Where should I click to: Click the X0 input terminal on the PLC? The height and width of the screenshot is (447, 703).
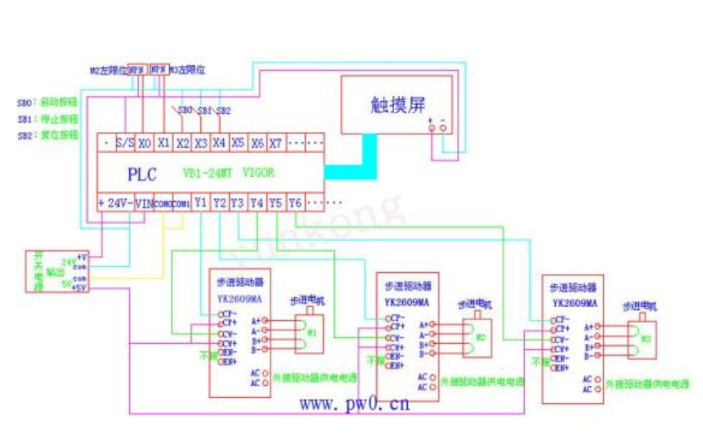(x=144, y=143)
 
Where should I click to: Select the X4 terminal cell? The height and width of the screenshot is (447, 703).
(x=219, y=143)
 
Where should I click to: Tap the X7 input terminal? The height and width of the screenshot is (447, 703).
(x=275, y=143)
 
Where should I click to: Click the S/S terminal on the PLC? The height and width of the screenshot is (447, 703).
(x=124, y=143)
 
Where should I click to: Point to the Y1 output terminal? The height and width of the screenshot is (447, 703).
(x=199, y=203)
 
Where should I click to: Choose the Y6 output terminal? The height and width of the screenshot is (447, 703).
(x=294, y=203)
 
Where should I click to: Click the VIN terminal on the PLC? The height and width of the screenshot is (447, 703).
(x=144, y=203)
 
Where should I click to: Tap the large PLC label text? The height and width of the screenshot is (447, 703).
(x=143, y=174)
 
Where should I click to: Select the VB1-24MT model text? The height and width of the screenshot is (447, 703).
(x=208, y=172)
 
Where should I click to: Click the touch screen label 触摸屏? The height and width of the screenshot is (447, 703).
(x=395, y=104)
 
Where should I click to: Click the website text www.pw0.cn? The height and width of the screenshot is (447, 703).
(x=354, y=404)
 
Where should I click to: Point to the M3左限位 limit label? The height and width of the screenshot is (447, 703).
(x=188, y=71)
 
